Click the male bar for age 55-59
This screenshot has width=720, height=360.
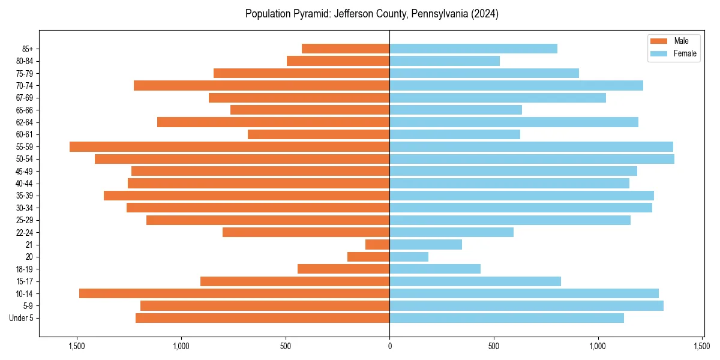pos(229,146)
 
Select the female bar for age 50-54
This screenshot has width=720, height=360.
pos(532,159)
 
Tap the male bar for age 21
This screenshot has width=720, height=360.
pos(377,245)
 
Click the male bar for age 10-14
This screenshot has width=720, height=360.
pos(234,293)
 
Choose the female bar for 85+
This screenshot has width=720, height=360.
pos(473,49)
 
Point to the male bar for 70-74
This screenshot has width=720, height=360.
pos(262,85)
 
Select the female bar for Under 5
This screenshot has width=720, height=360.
pos(506,318)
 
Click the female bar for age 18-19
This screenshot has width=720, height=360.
pos(435,269)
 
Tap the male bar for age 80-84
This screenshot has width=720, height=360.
pos(338,61)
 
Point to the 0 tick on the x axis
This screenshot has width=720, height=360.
pos(389,346)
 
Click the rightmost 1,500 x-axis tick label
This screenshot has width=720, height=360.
pos(702,346)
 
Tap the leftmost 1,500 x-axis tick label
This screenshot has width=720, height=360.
pos(77,346)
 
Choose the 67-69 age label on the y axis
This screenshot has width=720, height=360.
pos(24,98)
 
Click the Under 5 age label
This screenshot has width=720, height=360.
pos(22,318)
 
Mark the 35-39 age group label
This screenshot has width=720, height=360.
pos(24,196)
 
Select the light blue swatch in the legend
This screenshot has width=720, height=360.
pos(658,53)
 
